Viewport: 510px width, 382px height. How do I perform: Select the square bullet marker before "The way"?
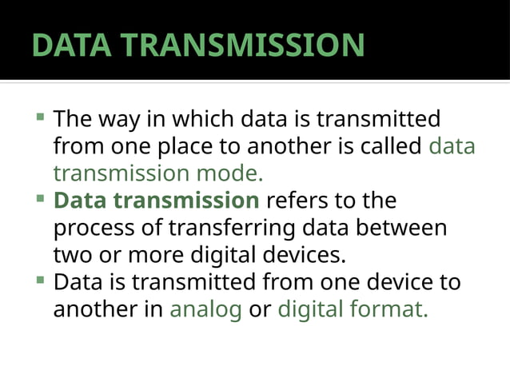click(x=40, y=117)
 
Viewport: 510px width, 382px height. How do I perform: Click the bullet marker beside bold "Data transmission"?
click(x=40, y=197)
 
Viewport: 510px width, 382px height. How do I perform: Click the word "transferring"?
click(x=232, y=229)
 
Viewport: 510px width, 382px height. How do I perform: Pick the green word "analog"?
click(x=205, y=309)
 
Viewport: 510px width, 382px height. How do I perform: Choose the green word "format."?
click(x=389, y=309)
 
